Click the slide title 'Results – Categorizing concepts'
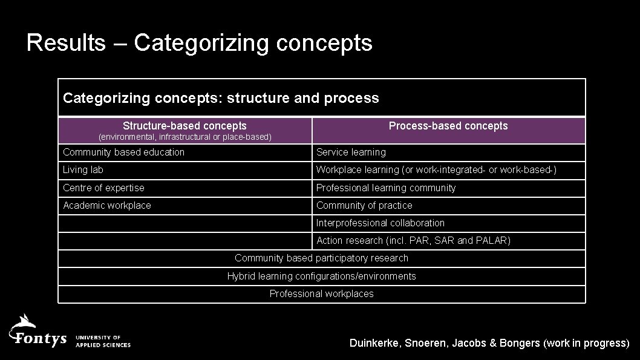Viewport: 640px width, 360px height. click(x=199, y=43)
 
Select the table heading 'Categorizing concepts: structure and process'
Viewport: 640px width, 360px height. click(x=221, y=98)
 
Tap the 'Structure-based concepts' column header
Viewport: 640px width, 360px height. click(x=184, y=126)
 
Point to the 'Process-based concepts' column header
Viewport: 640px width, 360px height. click(x=448, y=126)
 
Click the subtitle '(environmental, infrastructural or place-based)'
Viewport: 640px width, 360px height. click(x=184, y=137)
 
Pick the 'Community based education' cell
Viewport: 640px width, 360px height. click(x=124, y=152)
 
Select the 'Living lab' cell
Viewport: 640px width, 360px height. click(x=83, y=170)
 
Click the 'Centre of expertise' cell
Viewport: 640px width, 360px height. click(x=103, y=188)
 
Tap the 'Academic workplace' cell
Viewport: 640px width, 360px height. click(x=107, y=205)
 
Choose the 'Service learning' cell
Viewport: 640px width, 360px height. click(x=351, y=152)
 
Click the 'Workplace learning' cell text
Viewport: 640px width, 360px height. click(x=436, y=170)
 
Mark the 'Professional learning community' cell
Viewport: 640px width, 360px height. click(x=386, y=188)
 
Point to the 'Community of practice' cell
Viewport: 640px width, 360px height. click(x=364, y=205)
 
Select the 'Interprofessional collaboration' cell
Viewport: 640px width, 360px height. click(x=380, y=223)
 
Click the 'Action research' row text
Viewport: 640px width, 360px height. click(x=413, y=240)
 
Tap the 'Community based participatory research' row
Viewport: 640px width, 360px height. click(x=321, y=258)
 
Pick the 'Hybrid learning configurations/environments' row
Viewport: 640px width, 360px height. click(x=321, y=276)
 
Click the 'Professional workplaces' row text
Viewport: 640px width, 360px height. click(x=321, y=293)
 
